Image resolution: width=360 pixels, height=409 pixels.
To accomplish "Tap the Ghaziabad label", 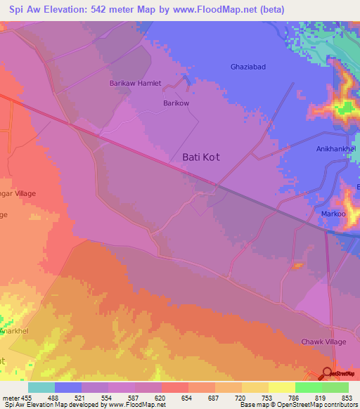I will [x=249, y=67].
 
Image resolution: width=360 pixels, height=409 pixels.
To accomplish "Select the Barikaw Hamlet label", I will [x=135, y=83].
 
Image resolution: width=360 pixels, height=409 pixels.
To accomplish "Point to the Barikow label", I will [x=177, y=103].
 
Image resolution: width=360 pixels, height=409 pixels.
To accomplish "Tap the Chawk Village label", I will [x=325, y=342].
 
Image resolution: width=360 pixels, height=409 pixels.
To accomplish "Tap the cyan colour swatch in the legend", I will [x=41, y=387].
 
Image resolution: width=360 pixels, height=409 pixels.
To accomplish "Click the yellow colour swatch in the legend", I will [x=281, y=387].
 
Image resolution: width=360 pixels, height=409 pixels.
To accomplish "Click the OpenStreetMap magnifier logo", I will [x=328, y=374].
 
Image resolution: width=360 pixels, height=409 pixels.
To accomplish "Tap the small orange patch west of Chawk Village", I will [x=297, y=266].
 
